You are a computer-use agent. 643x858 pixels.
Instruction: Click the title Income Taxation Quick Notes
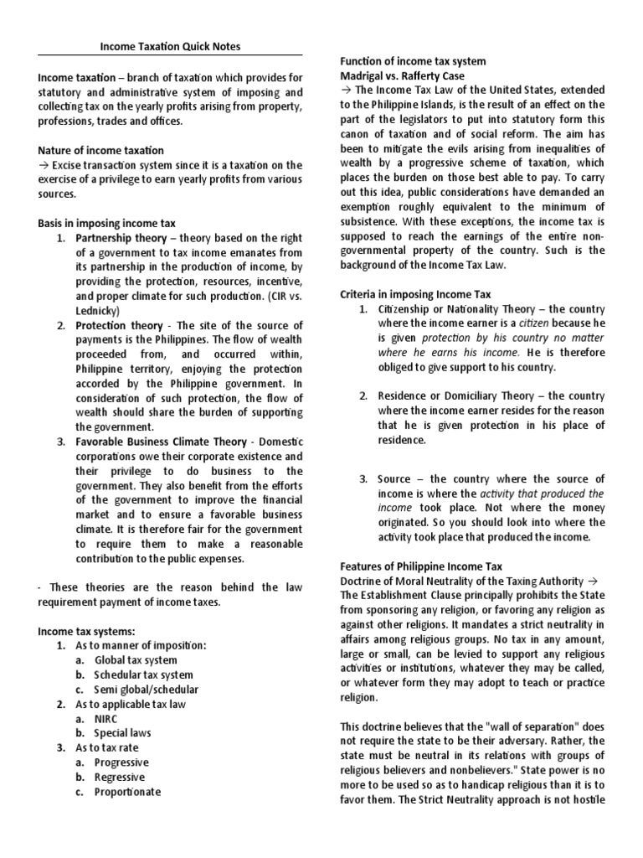171,46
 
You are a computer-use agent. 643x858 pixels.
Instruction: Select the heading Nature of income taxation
100,150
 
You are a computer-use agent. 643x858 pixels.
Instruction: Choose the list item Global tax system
136,659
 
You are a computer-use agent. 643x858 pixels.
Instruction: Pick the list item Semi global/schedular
147,689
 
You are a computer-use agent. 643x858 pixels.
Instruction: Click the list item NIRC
107,718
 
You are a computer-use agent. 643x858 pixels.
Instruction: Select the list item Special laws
123,732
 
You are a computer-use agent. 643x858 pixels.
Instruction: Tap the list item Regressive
121,777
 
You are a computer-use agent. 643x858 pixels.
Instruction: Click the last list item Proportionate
127,791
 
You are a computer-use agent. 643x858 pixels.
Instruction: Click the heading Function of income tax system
412,61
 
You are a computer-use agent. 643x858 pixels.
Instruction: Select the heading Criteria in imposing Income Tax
414,294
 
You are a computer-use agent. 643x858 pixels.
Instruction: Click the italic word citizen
537,323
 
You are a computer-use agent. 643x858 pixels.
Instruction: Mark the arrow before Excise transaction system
44,164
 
